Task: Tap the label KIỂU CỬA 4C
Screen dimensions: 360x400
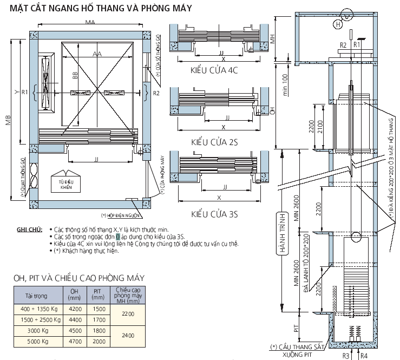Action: (214, 70)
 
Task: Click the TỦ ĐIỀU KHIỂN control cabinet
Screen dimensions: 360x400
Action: (67, 184)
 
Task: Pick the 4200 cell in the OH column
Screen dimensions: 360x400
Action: (74, 309)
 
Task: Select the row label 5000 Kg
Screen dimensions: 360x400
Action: (38, 342)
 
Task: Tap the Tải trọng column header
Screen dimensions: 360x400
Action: (38, 296)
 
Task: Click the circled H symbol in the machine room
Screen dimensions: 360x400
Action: (338, 24)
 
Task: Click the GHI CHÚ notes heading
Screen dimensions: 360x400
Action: (29, 230)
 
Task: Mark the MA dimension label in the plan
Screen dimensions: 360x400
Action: (90, 22)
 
